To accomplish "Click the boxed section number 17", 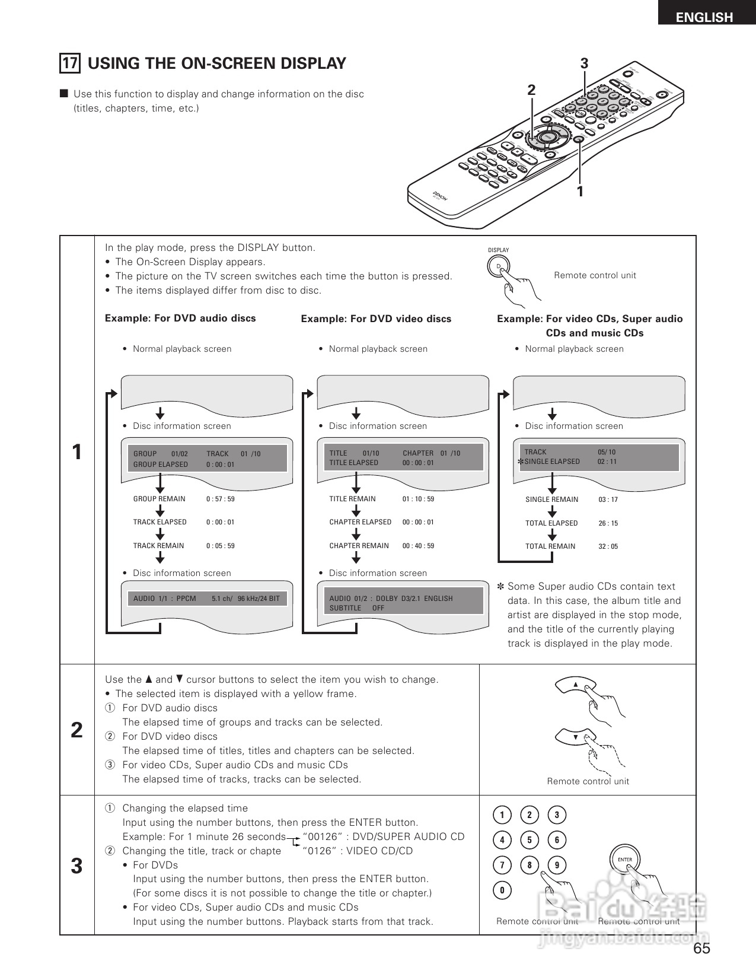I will pyautogui.click(x=70, y=63).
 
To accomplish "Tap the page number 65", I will pyautogui.click(x=701, y=949).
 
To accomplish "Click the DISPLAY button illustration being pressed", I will pyautogui.click(x=500, y=266).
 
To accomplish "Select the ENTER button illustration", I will pyautogui.click(x=625, y=860).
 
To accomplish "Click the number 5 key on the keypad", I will pyautogui.click(x=529, y=840).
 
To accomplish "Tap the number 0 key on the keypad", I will pyautogui.click(x=502, y=890).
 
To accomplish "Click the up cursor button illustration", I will pyautogui.click(x=575, y=685).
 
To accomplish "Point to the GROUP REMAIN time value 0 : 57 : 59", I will pyautogui.click(x=220, y=499).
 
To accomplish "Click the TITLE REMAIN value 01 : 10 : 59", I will pyautogui.click(x=418, y=499).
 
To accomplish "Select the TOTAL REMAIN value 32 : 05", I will pyautogui.click(x=608, y=546).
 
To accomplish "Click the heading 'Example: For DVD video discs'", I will pyautogui.click(x=376, y=319).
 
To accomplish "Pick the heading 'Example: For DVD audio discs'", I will pyautogui.click(x=180, y=319).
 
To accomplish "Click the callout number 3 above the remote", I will pyautogui.click(x=584, y=63).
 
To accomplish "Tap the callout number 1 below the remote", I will pyautogui.click(x=580, y=192).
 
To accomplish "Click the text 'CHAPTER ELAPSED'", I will pyautogui.click(x=360, y=522).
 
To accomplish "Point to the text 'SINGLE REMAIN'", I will pyautogui.click(x=551, y=499).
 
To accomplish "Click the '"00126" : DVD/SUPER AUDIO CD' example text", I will pyautogui.click(x=383, y=837).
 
